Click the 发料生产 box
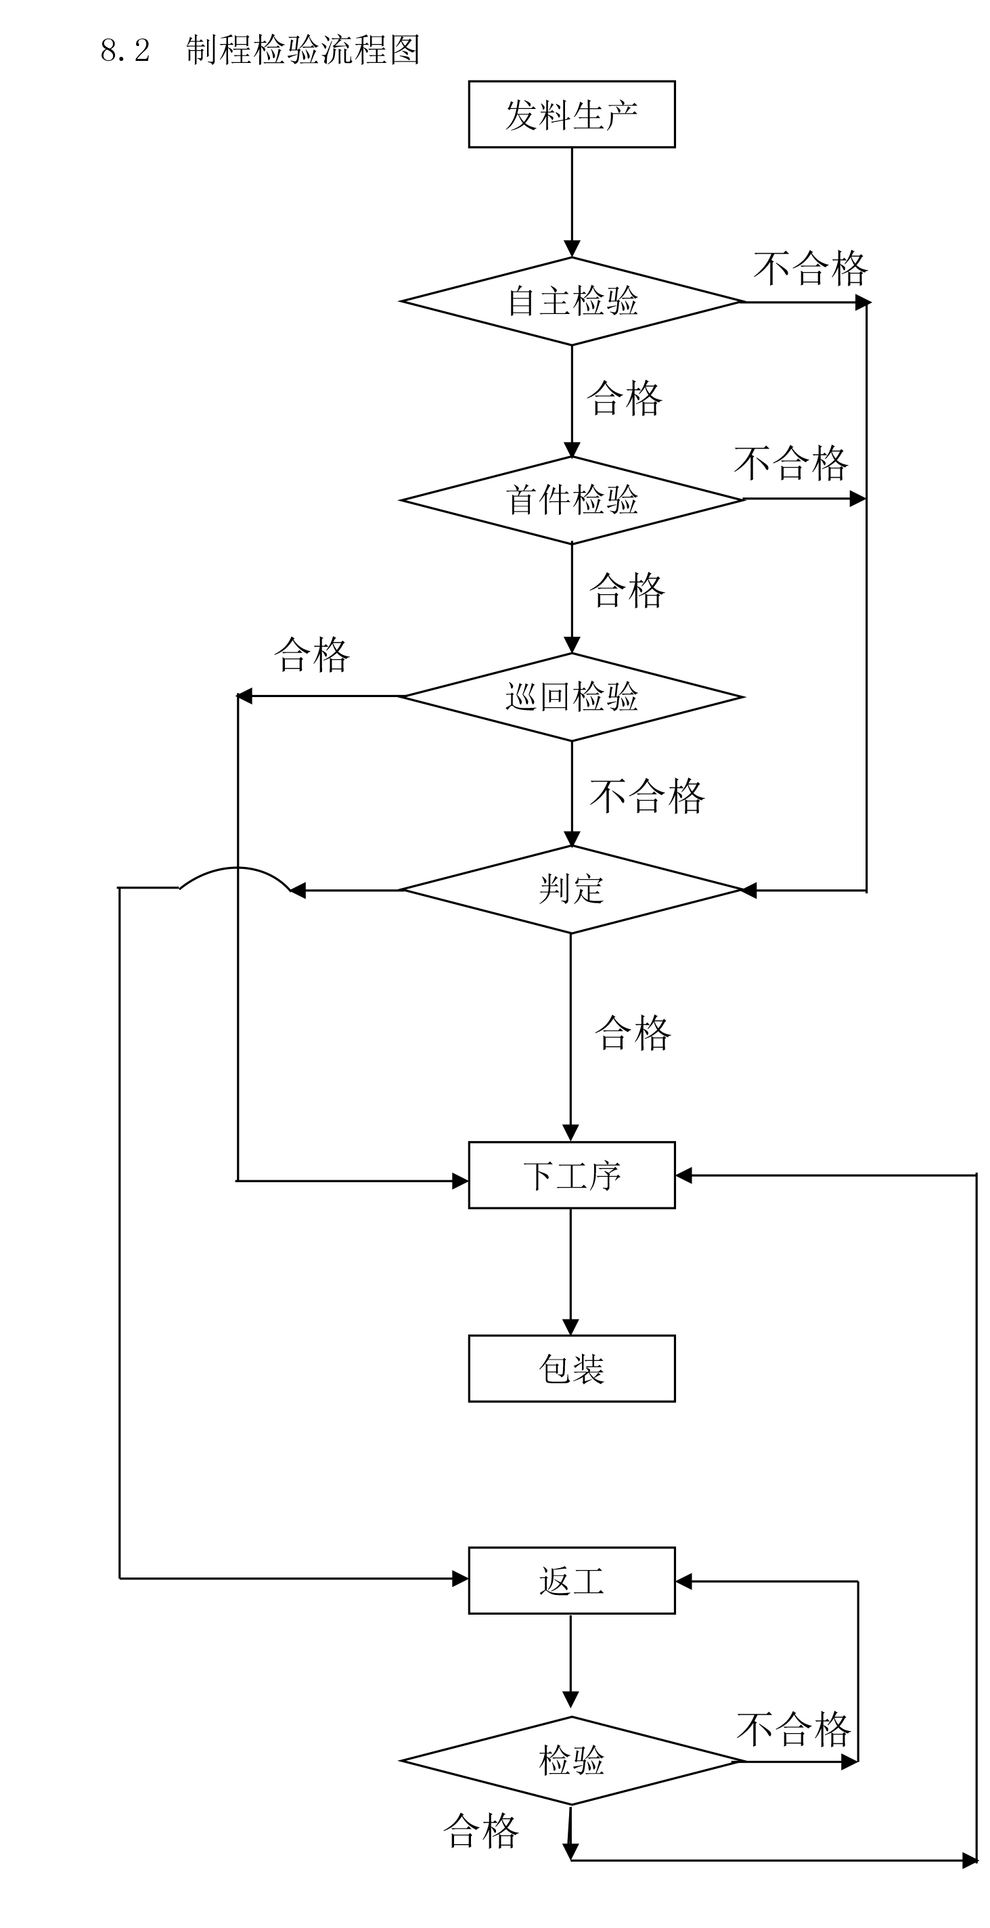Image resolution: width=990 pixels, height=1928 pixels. [571, 114]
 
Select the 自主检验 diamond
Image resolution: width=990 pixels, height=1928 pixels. [571, 302]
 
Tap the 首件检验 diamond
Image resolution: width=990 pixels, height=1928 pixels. [571, 500]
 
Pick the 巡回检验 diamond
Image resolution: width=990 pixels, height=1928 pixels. [571, 697]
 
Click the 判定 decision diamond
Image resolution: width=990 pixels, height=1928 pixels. [571, 890]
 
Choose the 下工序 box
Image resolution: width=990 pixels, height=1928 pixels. [571, 1175]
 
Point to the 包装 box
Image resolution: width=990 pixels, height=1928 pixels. [571, 1368]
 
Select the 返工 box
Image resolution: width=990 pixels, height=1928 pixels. [571, 1581]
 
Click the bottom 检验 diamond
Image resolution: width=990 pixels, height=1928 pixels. [571, 1760]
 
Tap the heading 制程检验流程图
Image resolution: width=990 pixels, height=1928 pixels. [302, 50]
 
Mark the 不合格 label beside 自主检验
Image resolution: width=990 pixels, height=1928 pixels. [809, 269]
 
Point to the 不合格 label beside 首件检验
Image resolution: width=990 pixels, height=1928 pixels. [790, 464]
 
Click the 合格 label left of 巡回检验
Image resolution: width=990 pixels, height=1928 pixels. [311, 655]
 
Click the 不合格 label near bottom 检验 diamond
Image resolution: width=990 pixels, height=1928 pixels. [793, 1730]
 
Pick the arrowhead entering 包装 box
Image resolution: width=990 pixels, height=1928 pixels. [570, 1327]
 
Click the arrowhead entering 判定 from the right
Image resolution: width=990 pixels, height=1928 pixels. [748, 891]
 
